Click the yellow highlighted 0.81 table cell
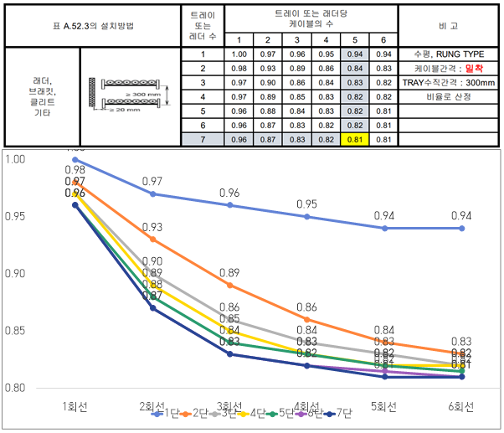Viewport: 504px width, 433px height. click(x=355, y=139)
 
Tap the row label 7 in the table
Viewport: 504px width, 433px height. click(x=203, y=139)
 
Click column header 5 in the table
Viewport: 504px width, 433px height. click(x=355, y=39)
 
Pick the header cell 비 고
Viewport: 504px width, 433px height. click(x=449, y=25)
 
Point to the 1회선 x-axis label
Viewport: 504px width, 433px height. click(x=75, y=406)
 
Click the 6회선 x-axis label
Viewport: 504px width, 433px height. click(x=460, y=406)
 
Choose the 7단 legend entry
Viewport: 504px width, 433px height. click(x=342, y=414)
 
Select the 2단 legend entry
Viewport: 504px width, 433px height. click(x=198, y=414)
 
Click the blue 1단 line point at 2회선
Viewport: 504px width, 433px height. click(x=152, y=193)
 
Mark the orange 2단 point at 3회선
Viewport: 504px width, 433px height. click(x=229, y=285)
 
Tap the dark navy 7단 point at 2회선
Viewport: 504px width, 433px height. click(x=152, y=308)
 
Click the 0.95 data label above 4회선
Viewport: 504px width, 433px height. click(x=306, y=204)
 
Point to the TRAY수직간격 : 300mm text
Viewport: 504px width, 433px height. click(x=449, y=82)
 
